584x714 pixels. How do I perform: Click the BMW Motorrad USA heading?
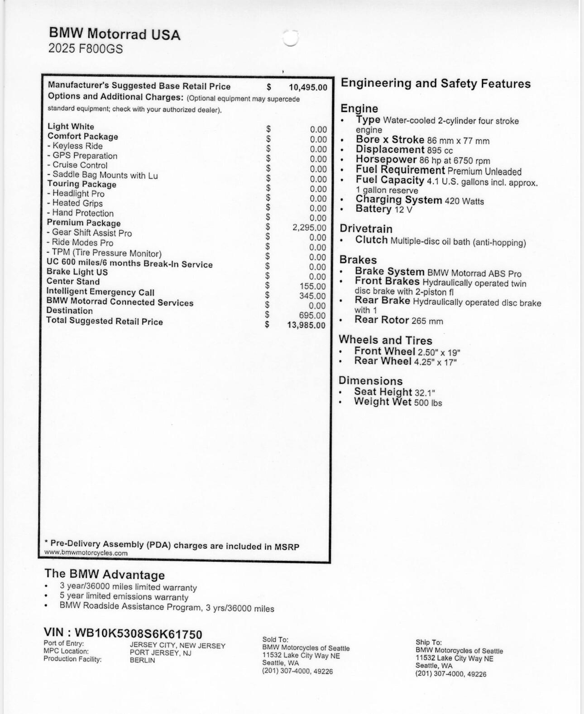tap(114, 34)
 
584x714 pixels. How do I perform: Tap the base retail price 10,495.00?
tap(308, 87)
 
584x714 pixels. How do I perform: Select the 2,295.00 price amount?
tap(309, 228)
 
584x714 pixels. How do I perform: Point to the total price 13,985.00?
tap(306, 325)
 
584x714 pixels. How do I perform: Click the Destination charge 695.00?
tap(312, 315)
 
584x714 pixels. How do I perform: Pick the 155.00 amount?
tap(312, 286)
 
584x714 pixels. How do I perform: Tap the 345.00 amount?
tap(312, 296)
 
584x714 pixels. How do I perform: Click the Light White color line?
tap(71, 127)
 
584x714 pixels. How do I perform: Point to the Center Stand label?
tap(73, 281)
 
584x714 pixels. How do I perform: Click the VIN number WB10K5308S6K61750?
tap(138, 634)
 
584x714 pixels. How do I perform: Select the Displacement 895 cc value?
tap(440, 150)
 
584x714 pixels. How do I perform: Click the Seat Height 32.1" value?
tap(425, 393)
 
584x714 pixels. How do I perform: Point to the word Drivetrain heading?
tap(366, 229)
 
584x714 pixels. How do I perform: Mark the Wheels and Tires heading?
tap(385, 340)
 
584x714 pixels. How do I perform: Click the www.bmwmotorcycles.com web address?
tap(86, 553)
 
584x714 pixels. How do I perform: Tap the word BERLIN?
tap(142, 661)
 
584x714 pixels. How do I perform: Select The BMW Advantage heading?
tap(105, 575)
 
